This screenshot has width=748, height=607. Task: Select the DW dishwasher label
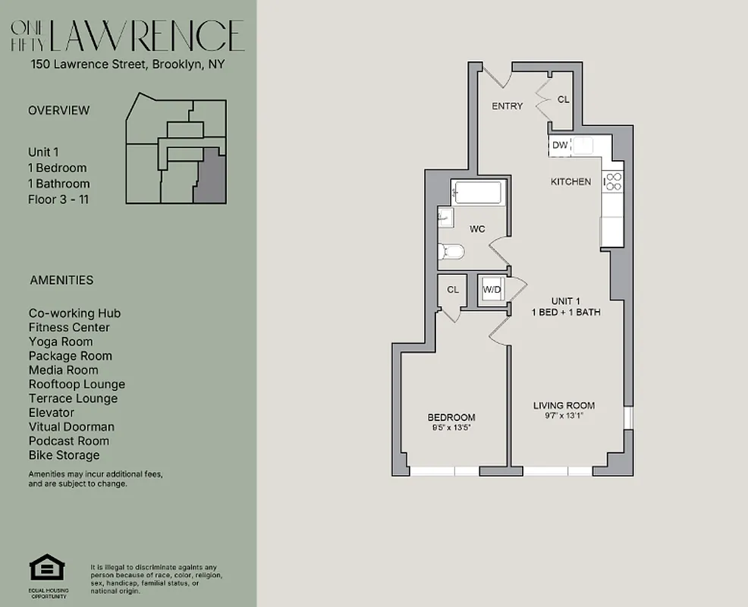560,145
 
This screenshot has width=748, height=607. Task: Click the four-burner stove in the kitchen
612,181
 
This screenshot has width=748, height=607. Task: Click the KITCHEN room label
570,182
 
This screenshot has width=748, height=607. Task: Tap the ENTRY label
507,106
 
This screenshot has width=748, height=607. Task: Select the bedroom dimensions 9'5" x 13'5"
451,427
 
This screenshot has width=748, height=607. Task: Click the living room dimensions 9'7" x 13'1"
564,416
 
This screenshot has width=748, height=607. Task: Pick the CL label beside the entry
563,99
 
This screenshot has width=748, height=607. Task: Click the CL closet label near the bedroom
453,290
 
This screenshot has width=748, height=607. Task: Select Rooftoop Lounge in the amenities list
77,385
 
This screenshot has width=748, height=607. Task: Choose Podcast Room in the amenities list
68,441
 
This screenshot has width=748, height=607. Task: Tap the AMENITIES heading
61,280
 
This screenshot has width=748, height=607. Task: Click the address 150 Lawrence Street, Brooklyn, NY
127,65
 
